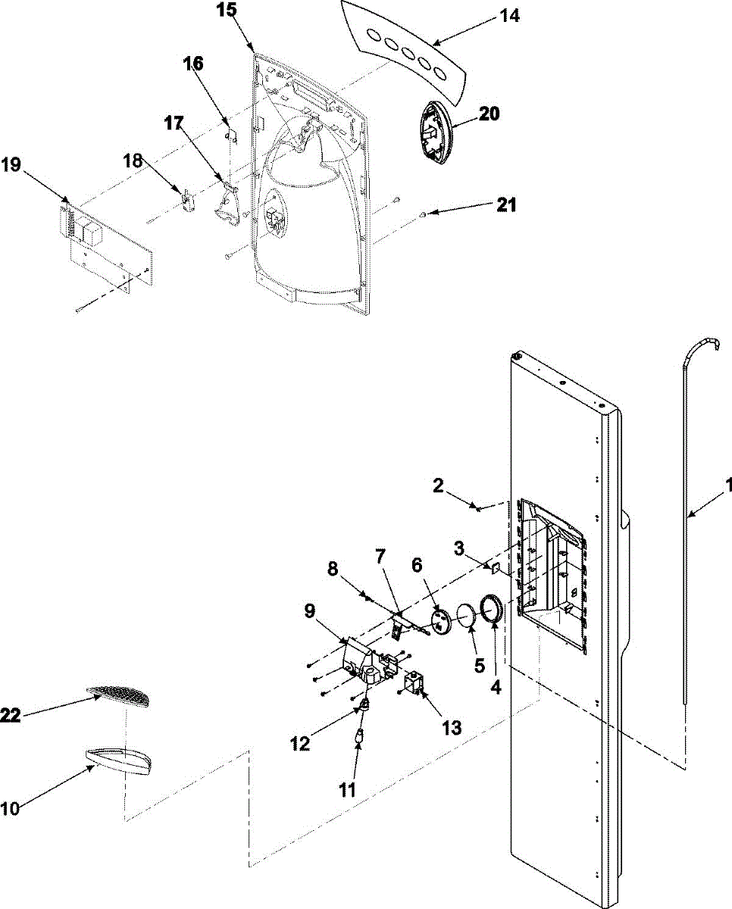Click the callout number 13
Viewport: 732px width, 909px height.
(x=451, y=728)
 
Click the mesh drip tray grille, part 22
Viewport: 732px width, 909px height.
(x=120, y=692)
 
